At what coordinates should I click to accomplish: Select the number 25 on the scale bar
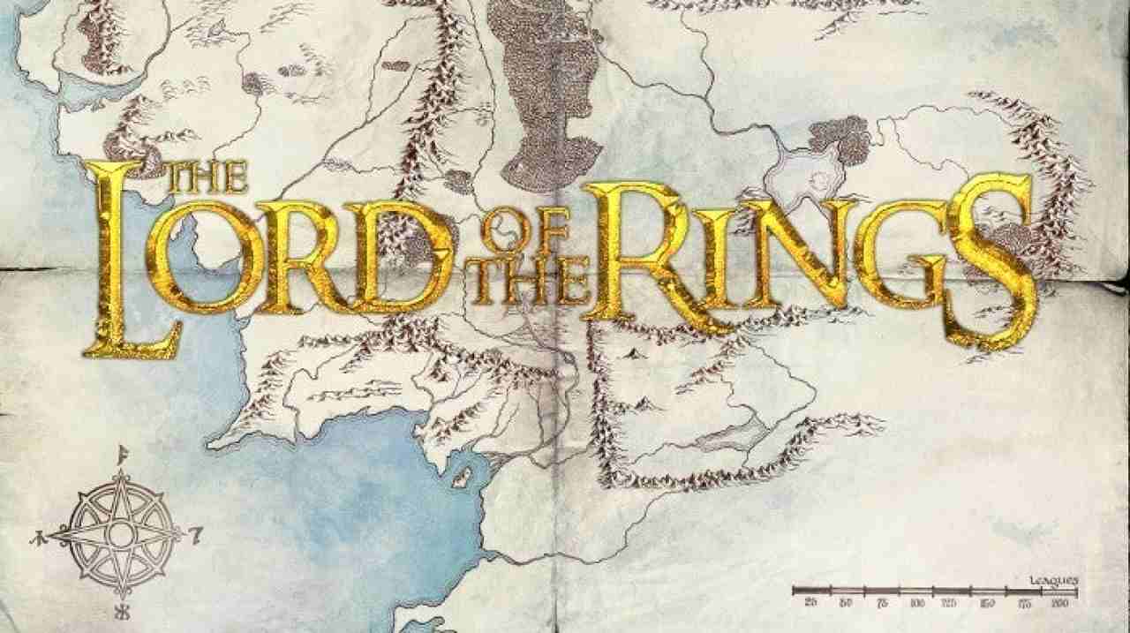[810, 602]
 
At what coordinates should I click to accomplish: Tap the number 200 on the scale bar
[1059, 602]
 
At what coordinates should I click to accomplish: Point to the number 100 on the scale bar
[915, 602]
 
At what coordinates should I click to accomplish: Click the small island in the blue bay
[461, 478]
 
